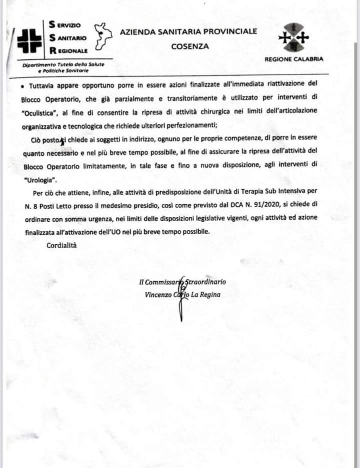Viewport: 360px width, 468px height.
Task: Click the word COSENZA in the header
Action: (189, 46)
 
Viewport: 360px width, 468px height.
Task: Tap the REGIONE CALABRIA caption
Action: (293, 59)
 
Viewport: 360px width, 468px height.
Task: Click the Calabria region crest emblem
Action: (293, 37)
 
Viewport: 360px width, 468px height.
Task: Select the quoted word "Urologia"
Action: (40, 178)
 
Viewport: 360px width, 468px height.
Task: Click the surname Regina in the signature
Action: (209, 295)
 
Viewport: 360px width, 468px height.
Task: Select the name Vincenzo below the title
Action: (158, 295)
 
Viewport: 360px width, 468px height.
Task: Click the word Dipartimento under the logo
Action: (39, 66)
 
